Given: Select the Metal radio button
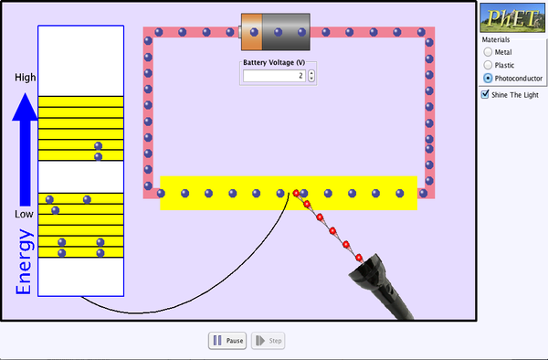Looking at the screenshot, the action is (488, 52).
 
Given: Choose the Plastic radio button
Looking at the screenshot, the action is (488, 65).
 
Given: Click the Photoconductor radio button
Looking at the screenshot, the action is (488, 79).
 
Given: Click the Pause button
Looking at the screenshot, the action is (227, 341).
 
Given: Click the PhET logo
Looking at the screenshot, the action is (513, 18).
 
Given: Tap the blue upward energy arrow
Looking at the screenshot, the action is (26, 146).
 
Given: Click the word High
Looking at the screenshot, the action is (25, 78).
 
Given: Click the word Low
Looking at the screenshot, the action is (25, 214).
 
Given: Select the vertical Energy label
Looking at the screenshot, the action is (25, 262).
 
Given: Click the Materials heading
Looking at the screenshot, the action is (497, 39).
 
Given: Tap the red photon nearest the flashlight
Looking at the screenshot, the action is (360, 256).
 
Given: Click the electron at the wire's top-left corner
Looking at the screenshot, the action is (148, 34).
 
